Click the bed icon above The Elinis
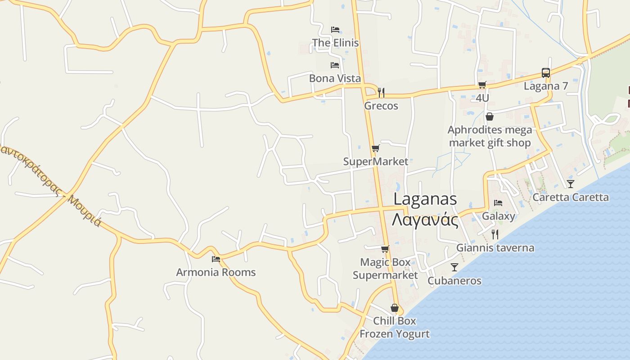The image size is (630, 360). [335, 30]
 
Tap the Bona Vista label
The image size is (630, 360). [335, 78]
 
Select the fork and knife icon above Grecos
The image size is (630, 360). [381, 93]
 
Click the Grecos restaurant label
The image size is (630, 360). [381, 106]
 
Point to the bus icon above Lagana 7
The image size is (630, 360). [545, 73]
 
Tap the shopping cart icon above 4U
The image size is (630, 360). [482, 85]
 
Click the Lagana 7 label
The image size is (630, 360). [546, 86]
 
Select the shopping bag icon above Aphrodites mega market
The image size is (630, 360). [490, 117]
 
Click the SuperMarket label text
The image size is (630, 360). [376, 162]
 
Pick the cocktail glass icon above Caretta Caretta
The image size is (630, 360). [571, 184]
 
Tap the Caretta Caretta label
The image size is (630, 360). [571, 197]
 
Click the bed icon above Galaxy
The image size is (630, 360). [498, 203]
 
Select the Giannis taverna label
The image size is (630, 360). [495, 247]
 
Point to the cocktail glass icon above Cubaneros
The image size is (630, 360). [454, 267]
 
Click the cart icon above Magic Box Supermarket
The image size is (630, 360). [385, 249]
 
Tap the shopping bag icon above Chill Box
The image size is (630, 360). [395, 308]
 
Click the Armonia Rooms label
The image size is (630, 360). [216, 272]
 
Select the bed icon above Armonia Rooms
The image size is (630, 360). [216, 259]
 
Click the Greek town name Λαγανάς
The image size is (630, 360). [425, 220]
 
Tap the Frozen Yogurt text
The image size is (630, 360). [395, 334]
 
